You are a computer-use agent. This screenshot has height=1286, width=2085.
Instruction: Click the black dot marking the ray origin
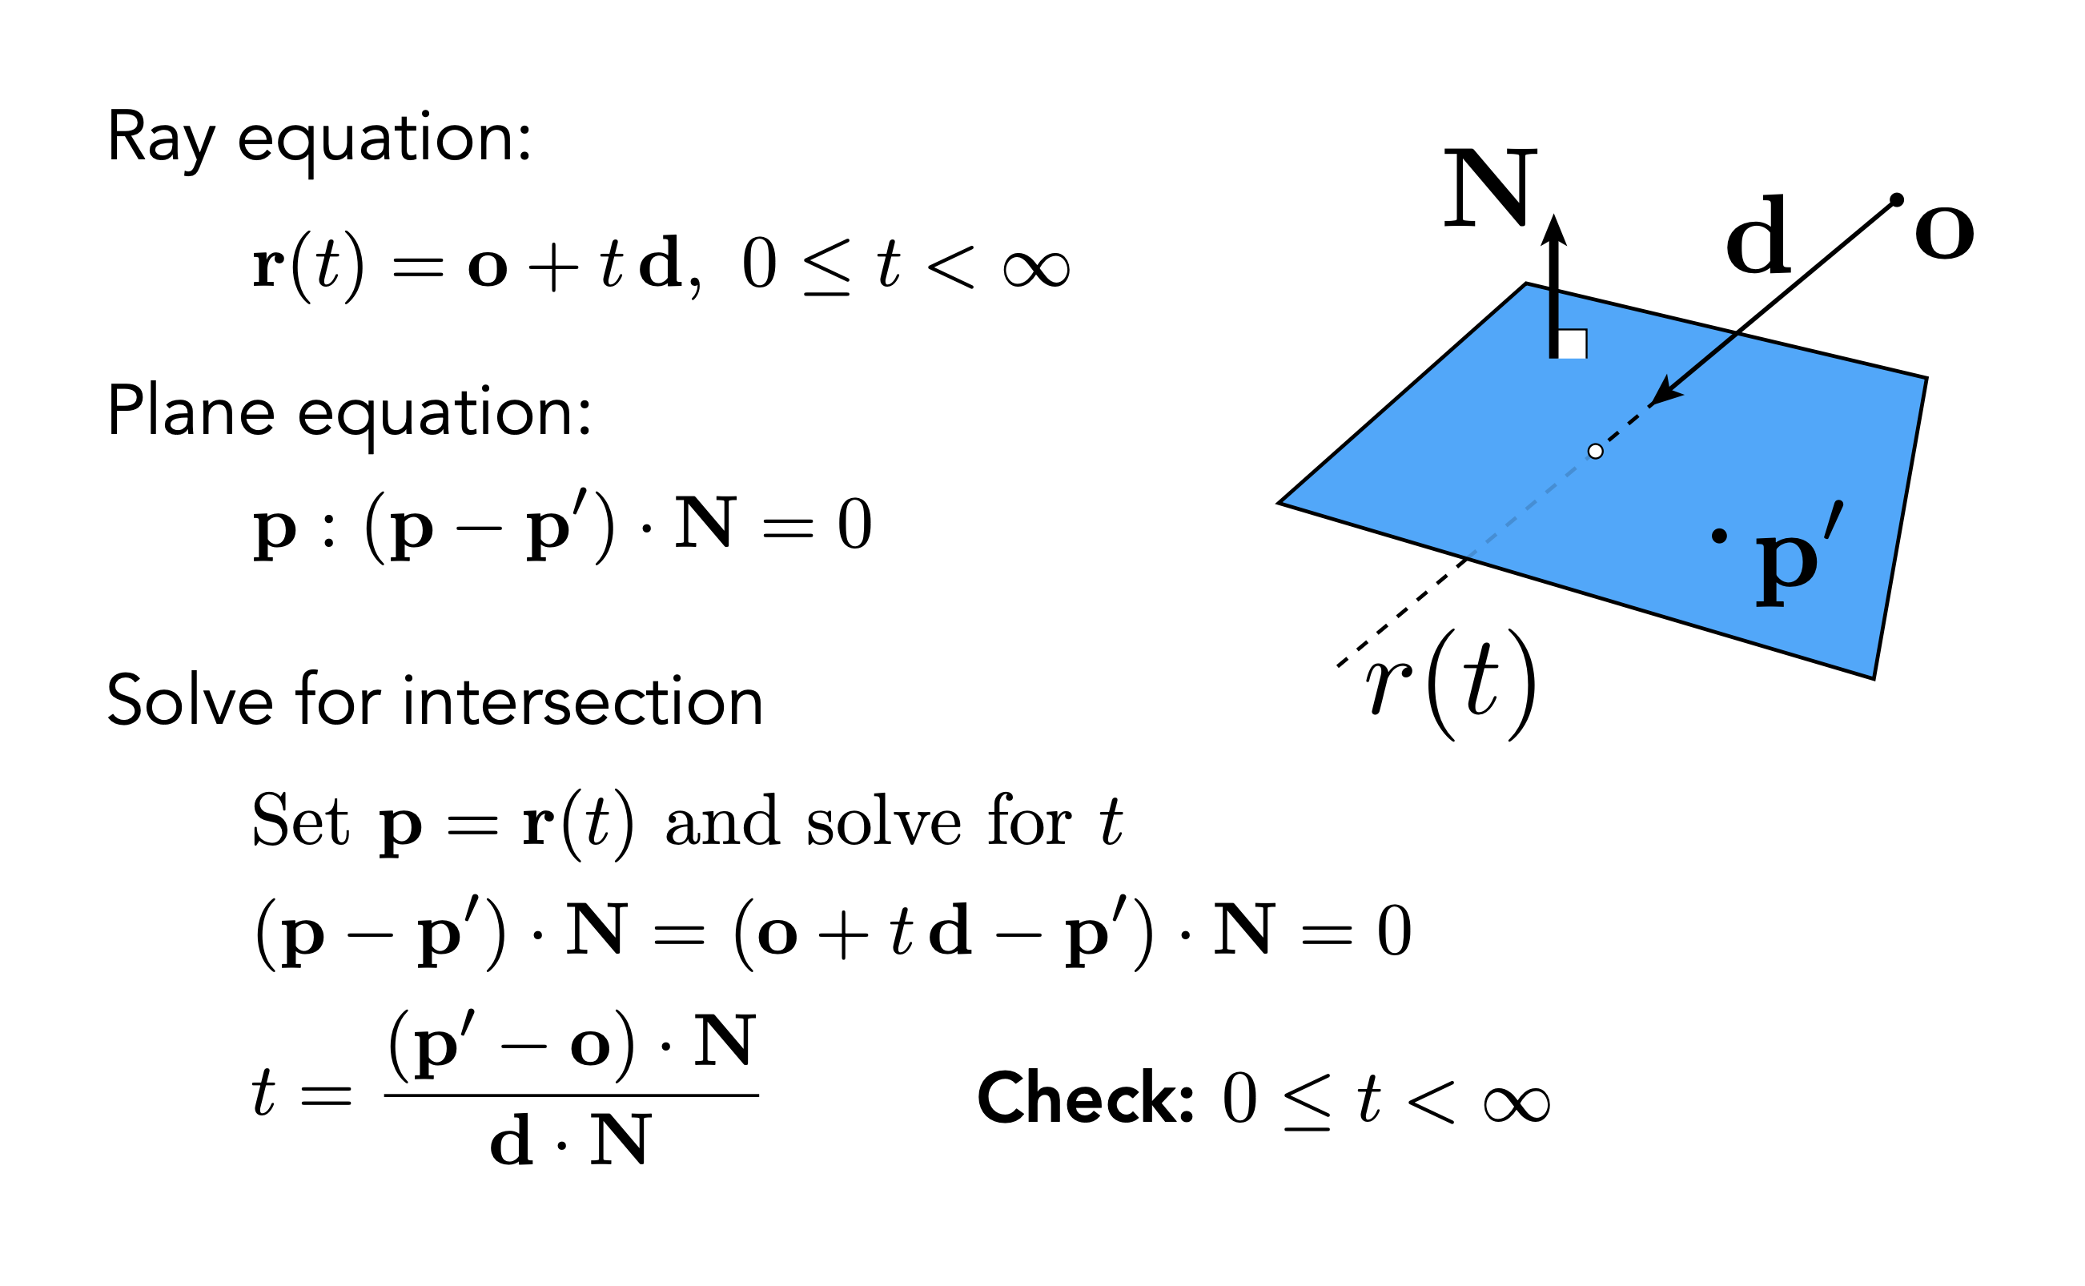tap(1896, 200)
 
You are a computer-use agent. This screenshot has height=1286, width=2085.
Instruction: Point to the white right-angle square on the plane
tap(1573, 344)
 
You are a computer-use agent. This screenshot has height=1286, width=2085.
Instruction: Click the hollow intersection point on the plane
tap(1595, 452)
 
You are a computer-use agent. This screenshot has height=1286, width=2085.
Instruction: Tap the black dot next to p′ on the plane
tap(1719, 536)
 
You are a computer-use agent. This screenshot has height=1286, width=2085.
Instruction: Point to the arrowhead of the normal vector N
tap(1553, 230)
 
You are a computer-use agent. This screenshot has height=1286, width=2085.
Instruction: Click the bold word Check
tap(1085, 1098)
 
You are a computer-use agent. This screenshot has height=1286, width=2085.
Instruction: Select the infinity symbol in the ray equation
tap(1036, 270)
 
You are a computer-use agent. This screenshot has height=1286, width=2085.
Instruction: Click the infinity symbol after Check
tap(1517, 1104)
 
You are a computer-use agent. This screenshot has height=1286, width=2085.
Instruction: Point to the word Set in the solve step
tap(300, 821)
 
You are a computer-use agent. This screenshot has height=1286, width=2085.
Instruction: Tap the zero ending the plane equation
tap(854, 524)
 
